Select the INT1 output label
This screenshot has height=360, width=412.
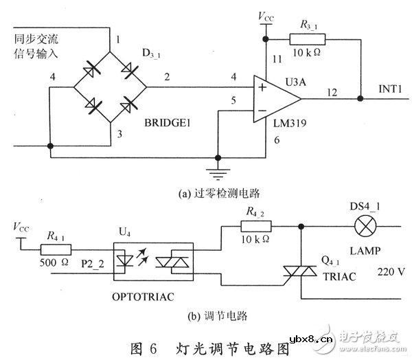click(x=391, y=90)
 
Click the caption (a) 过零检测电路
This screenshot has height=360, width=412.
click(x=203, y=193)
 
